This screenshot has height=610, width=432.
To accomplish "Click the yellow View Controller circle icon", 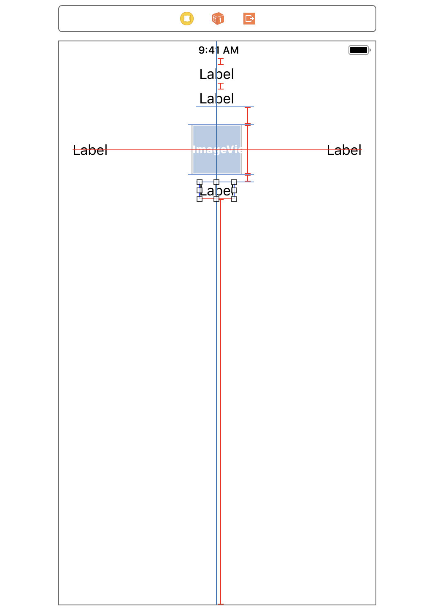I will tap(187, 19).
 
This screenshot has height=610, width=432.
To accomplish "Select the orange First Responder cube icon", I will tap(218, 19).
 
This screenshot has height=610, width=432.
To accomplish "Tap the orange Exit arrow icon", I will tap(249, 19).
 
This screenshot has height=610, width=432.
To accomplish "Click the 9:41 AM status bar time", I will tap(219, 50).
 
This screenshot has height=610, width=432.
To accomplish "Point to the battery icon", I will tap(359, 50).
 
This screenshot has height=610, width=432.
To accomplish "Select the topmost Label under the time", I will tap(217, 74).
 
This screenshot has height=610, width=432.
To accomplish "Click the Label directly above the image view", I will tap(217, 99).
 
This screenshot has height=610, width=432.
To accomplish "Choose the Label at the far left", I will tap(90, 150).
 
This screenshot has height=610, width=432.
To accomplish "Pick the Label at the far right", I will tap(344, 150).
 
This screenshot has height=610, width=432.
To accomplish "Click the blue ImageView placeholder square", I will tap(217, 150).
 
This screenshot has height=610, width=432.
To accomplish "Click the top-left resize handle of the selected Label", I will tap(200, 182).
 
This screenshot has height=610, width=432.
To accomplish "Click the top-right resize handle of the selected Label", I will tap(234, 182).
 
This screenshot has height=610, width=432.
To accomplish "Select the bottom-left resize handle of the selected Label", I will tap(200, 199).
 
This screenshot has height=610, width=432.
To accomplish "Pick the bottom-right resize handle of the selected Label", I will tap(234, 199).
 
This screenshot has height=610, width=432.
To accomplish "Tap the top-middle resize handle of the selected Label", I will tap(216, 182).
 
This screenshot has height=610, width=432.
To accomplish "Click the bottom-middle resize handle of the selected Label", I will tap(216, 199).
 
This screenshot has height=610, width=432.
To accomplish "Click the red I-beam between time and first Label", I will tap(221, 62).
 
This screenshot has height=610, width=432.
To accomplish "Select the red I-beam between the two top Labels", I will tap(221, 86).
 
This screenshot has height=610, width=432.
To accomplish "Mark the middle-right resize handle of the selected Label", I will tap(234, 190).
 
